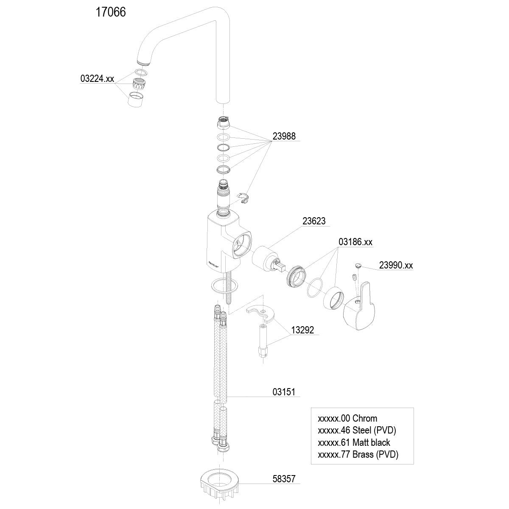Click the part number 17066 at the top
pyautogui.click(x=110, y=12)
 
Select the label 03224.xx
pyautogui.click(x=97, y=78)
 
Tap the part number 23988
pyautogui.click(x=284, y=137)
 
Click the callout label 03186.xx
pyautogui.click(x=355, y=242)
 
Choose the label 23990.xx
pyautogui.click(x=396, y=266)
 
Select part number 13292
pyautogui.click(x=302, y=330)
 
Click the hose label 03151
pyautogui.click(x=283, y=392)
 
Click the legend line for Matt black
pyautogui.click(x=354, y=442)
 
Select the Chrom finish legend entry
pyautogui.click(x=347, y=419)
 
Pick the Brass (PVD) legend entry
pyautogui.click(x=358, y=454)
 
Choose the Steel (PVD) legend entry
pyautogui.click(x=356, y=431)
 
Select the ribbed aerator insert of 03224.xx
pyautogui.click(x=139, y=84)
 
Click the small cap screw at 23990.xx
pyautogui.click(x=357, y=266)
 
